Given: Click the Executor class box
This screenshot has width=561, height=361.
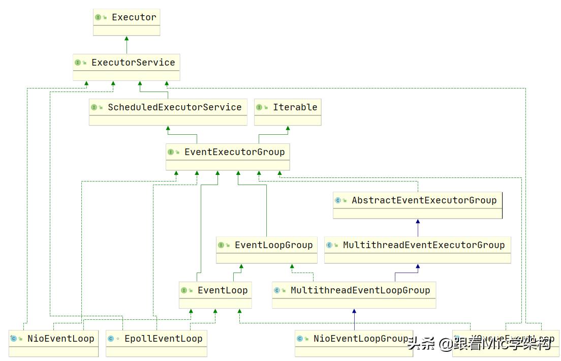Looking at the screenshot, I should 127,22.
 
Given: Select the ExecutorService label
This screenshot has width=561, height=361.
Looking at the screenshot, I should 133,63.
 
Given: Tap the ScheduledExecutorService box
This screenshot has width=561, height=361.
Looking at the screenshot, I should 168,112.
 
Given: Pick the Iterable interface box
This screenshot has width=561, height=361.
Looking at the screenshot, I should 288,112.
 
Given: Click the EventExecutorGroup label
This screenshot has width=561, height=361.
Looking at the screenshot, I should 234,152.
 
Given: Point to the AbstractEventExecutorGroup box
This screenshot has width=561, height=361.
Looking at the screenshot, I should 418,205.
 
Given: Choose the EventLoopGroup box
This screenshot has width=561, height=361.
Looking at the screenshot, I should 267,250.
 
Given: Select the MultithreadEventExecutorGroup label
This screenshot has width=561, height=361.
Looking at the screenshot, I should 424,245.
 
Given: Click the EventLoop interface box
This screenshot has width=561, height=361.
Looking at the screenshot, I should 215,295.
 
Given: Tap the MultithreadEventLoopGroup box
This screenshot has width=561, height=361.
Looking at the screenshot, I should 354,295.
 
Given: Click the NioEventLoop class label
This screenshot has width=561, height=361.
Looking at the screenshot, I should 60,339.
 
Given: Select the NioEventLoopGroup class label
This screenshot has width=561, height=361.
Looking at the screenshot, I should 360,339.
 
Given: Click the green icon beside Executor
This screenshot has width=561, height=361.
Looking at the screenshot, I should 98,17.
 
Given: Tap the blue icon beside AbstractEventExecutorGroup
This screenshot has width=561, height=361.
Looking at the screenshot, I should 338,200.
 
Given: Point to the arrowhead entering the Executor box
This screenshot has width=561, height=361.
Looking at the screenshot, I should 127,39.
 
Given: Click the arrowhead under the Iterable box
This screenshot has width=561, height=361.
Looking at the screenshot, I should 288,129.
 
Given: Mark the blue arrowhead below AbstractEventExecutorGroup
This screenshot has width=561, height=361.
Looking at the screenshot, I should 418,222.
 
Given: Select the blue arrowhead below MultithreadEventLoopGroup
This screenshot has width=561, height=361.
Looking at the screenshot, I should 354,311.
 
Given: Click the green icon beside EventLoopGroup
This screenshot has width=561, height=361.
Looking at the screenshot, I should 221,245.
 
